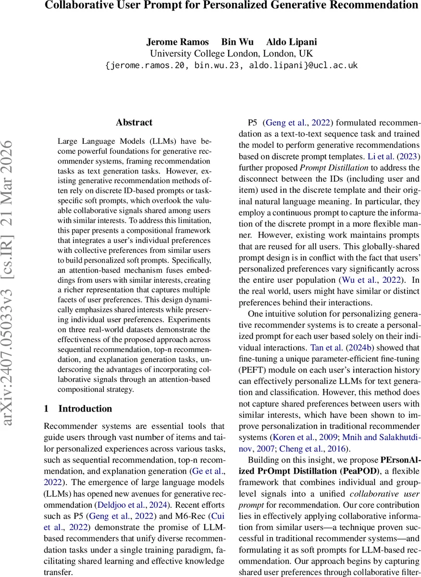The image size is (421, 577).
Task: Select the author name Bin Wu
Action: (x=237, y=41)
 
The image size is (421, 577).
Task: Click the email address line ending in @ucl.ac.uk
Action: (x=231, y=65)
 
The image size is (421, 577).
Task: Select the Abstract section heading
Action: (x=134, y=122)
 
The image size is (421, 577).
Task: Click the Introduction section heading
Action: (x=85, y=409)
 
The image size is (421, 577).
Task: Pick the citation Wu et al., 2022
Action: (x=366, y=280)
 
